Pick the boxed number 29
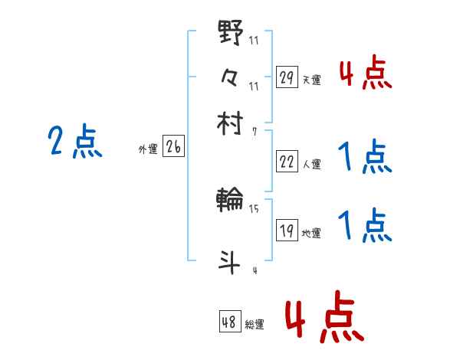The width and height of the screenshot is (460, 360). pos(287,77)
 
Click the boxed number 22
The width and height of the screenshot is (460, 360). pos(287,161)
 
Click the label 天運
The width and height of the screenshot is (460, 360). pos(312,80)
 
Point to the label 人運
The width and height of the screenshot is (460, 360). pos(312,163)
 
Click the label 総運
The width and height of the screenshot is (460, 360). pos(255,324)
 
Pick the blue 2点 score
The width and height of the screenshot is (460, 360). pos(74,142)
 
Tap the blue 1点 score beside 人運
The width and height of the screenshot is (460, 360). pos(364,159)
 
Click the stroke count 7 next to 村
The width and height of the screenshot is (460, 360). pos(254,132)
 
